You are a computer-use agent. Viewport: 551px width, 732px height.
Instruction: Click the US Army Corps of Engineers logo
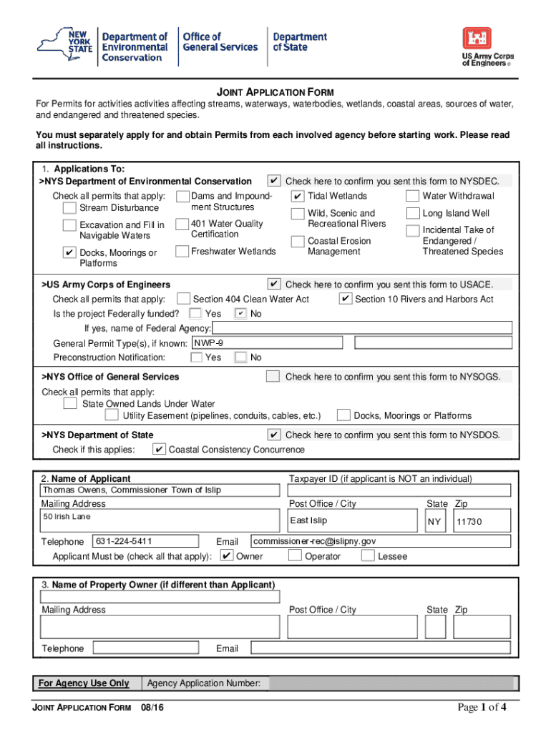pyautogui.click(x=486, y=46)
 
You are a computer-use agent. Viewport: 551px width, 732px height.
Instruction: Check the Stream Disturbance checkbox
pyautogui.click(x=69, y=208)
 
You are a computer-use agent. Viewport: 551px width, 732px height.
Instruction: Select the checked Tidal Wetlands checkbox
pyautogui.click(x=298, y=196)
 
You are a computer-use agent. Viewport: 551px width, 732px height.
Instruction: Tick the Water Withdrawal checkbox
pyautogui.click(x=412, y=196)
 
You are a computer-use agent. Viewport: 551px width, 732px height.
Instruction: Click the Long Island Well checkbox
pyautogui.click(x=412, y=213)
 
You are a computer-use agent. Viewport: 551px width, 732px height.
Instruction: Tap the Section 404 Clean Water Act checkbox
pyautogui.click(x=183, y=299)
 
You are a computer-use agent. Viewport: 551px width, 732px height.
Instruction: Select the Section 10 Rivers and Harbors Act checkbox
pyautogui.click(x=345, y=299)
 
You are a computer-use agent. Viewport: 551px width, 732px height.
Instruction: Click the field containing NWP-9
pyautogui.click(x=270, y=343)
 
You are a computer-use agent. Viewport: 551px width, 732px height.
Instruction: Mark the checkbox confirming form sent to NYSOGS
pyautogui.click(x=273, y=376)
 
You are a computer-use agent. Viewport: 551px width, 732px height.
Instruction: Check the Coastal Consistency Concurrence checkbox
pyautogui.click(x=160, y=450)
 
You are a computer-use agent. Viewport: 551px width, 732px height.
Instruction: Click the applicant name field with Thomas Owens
pyautogui.click(x=160, y=490)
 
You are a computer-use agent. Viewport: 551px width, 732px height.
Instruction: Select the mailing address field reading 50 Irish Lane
pyautogui.click(x=160, y=520)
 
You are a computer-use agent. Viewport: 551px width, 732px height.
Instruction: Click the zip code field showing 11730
pyautogui.click(x=482, y=521)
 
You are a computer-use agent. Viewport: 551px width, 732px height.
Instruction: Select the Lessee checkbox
pyautogui.click(x=368, y=556)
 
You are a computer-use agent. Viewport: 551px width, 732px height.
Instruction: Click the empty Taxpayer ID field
pyautogui.click(x=399, y=490)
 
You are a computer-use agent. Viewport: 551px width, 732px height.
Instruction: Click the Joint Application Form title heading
pyautogui.click(x=275, y=92)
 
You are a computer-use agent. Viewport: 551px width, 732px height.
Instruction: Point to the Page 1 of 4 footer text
pyautogui.click(x=482, y=708)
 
